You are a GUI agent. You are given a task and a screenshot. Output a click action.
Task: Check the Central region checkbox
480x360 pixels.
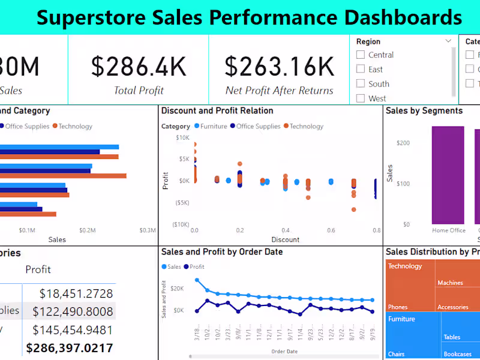pos(361,55)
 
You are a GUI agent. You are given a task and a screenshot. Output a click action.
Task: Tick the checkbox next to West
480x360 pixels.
pos(361,98)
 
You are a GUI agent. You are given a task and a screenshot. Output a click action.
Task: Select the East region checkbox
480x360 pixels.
pos(361,69)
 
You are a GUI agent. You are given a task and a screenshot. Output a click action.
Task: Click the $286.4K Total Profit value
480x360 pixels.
pos(139,67)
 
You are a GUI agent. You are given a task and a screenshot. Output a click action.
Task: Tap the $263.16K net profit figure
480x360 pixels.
pos(280,67)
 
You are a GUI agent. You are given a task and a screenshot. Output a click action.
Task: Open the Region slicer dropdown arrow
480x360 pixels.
pos(448,41)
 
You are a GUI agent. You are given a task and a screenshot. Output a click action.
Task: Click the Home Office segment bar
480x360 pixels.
pos(448,175)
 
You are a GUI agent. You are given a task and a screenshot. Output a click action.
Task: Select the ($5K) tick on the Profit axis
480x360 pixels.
pos(181,202)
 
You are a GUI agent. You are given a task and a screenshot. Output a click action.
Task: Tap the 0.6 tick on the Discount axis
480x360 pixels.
pos(331,230)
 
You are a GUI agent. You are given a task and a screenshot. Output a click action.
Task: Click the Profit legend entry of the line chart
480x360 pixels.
pos(194,267)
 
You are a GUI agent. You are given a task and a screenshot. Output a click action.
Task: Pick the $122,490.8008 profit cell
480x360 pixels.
pos(73,311)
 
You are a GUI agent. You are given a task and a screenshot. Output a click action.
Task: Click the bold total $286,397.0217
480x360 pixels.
pos(69,347)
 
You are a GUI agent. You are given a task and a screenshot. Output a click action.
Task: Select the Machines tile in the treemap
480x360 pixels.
pos(450,283)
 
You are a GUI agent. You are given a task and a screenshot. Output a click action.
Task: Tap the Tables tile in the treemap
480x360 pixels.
pos(452,337)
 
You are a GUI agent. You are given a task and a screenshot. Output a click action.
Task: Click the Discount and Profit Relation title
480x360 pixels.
pos(217,111)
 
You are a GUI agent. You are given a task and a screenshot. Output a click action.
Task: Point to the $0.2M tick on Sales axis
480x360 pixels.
pos(88,230)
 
